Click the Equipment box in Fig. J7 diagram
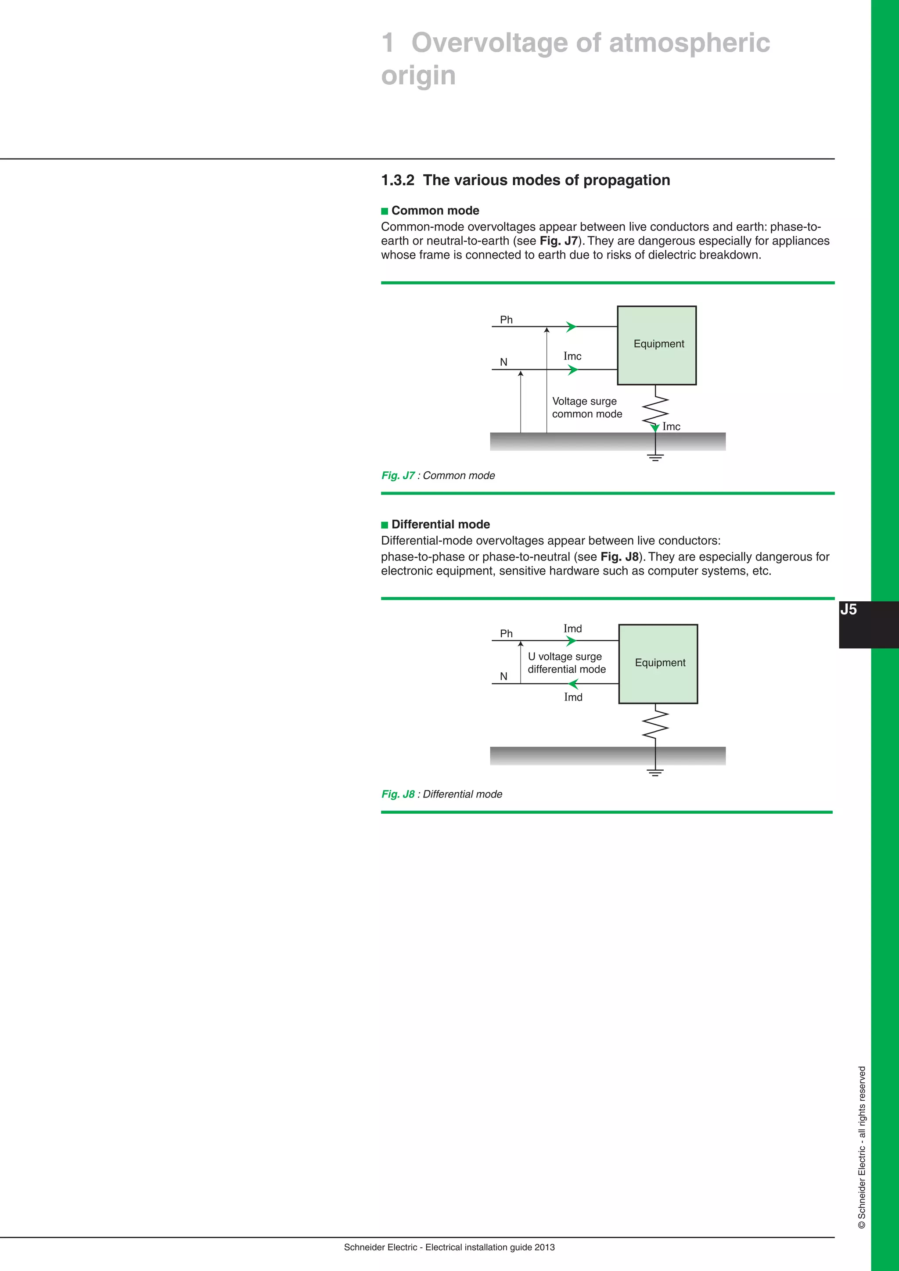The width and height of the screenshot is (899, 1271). click(x=657, y=345)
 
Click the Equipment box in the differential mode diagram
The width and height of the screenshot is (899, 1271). click(x=658, y=664)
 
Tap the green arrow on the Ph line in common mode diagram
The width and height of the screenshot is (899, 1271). click(x=571, y=327)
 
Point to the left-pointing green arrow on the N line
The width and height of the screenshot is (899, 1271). click(x=573, y=684)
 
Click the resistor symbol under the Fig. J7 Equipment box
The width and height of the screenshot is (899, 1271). click(x=655, y=409)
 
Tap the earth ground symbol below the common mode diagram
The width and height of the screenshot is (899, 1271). click(x=655, y=457)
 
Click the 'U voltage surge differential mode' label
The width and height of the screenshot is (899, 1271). click(x=566, y=663)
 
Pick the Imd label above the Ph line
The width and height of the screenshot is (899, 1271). click(x=572, y=628)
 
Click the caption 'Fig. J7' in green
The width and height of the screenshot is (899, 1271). click(x=397, y=475)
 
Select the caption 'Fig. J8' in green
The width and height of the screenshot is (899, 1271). click(x=397, y=794)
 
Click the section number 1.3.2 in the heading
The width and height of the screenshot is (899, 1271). click(x=397, y=180)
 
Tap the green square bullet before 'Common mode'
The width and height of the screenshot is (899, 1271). click(x=385, y=211)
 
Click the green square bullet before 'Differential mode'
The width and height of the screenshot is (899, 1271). click(x=385, y=525)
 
